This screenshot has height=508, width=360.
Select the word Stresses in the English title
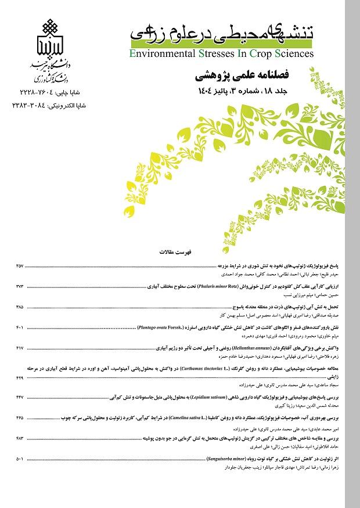tap(218, 54)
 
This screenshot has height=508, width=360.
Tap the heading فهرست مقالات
tap(180, 253)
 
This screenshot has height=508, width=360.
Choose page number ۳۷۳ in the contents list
tap(20, 287)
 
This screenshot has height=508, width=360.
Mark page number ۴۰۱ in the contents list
tap(20, 329)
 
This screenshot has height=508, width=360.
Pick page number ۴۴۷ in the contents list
tap(20, 396)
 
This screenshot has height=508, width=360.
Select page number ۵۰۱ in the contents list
tap(20, 459)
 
